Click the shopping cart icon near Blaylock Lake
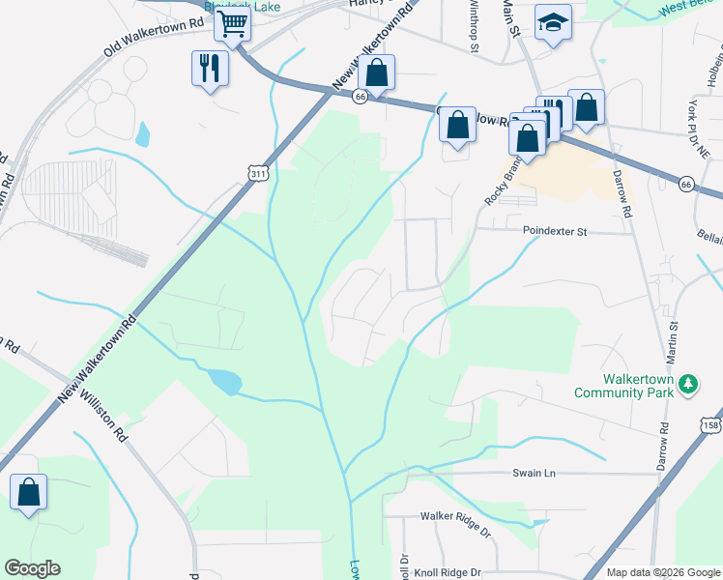(232, 24)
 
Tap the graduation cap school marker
(553, 24)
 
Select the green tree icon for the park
(687, 384)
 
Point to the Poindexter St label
(555, 232)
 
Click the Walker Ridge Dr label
(455, 517)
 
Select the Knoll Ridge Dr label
(448, 572)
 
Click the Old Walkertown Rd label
(154, 37)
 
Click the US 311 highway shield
(258, 174)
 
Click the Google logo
(32, 568)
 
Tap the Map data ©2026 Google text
(663, 572)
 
